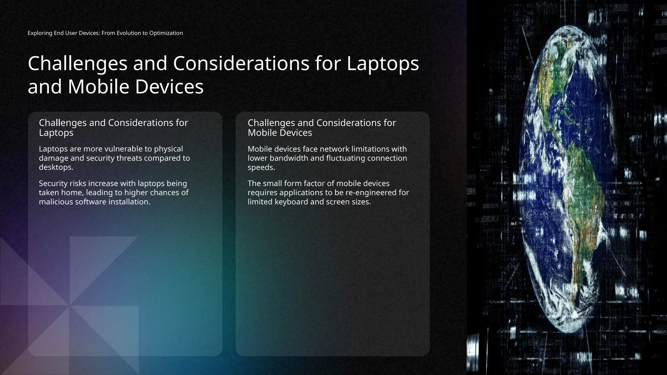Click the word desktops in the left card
(55, 167)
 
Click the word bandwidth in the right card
(290, 158)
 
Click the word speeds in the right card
(261, 168)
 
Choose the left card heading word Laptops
(56, 133)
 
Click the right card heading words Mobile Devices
(280, 133)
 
